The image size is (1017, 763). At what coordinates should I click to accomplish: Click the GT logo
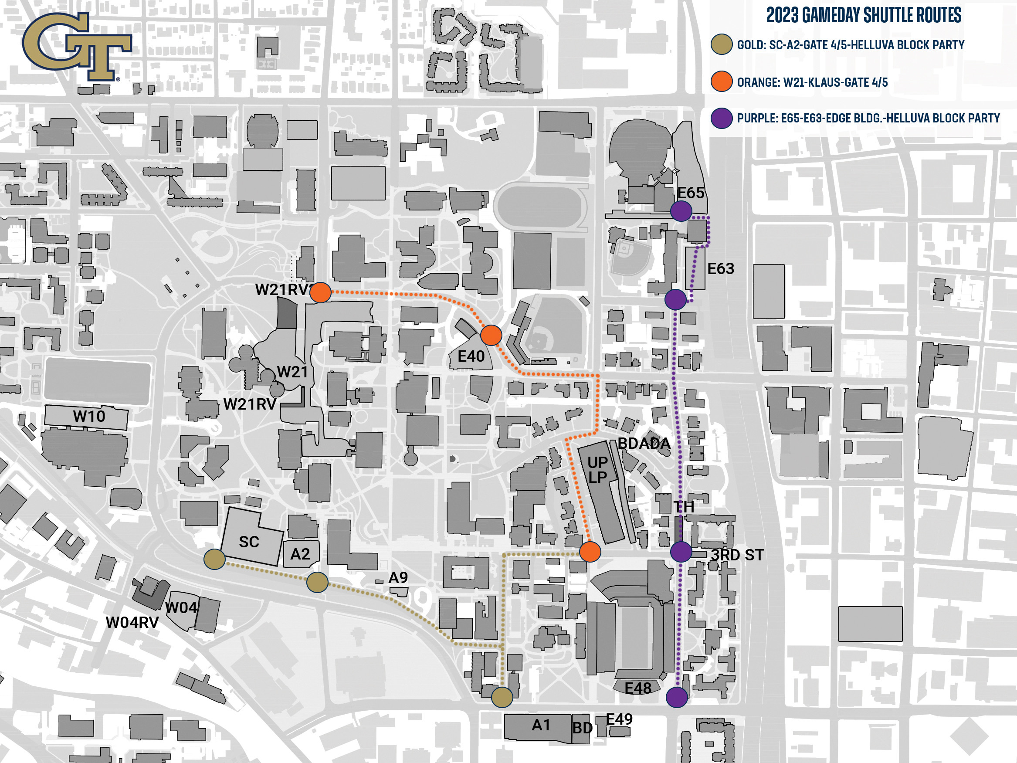coord(76,46)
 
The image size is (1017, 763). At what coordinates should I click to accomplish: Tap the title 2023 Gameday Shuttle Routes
coord(864,16)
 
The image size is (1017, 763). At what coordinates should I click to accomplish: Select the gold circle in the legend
coord(722,44)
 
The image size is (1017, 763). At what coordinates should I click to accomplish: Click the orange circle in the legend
coord(722,82)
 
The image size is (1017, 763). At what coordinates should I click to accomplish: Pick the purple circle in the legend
coord(722,118)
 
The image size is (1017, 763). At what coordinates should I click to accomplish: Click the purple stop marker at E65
coord(681,211)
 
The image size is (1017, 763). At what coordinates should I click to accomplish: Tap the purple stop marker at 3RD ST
coord(681,551)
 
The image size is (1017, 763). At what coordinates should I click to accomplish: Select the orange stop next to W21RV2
coord(320,292)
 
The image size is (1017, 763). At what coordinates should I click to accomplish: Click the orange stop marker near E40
coord(491,335)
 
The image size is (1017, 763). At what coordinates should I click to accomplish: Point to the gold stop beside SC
coord(214,559)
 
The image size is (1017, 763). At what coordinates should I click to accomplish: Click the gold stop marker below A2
coord(317,582)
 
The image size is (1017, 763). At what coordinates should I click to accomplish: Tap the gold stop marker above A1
coord(502,697)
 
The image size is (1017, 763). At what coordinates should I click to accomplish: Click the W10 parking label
coord(89,416)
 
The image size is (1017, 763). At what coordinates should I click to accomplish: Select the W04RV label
coord(132,622)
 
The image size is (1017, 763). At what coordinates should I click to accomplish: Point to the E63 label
coord(720,268)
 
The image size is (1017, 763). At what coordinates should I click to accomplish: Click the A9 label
coord(398,577)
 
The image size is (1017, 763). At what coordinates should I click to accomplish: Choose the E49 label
coord(619,719)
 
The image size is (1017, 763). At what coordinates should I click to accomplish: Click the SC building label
coord(249,542)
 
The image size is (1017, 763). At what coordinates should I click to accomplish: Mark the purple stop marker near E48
coord(677,697)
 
